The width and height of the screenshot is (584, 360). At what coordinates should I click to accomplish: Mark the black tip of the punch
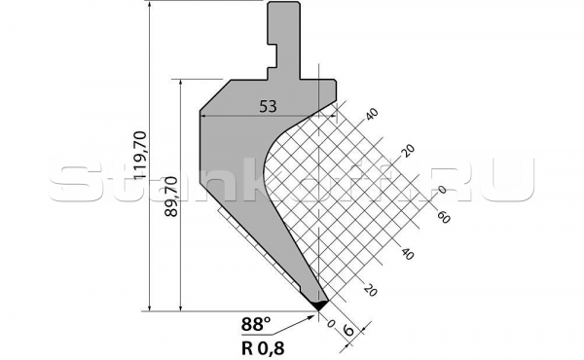point(318,305)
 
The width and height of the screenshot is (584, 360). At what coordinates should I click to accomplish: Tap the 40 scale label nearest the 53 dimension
point(371,116)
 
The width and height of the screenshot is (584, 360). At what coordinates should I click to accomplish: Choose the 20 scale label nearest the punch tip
point(369,289)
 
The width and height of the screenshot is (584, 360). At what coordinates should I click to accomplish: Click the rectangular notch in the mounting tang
point(275,54)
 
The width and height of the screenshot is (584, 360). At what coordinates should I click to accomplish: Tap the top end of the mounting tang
point(282,7)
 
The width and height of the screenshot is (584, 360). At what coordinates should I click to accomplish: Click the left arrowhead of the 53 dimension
point(202,115)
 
